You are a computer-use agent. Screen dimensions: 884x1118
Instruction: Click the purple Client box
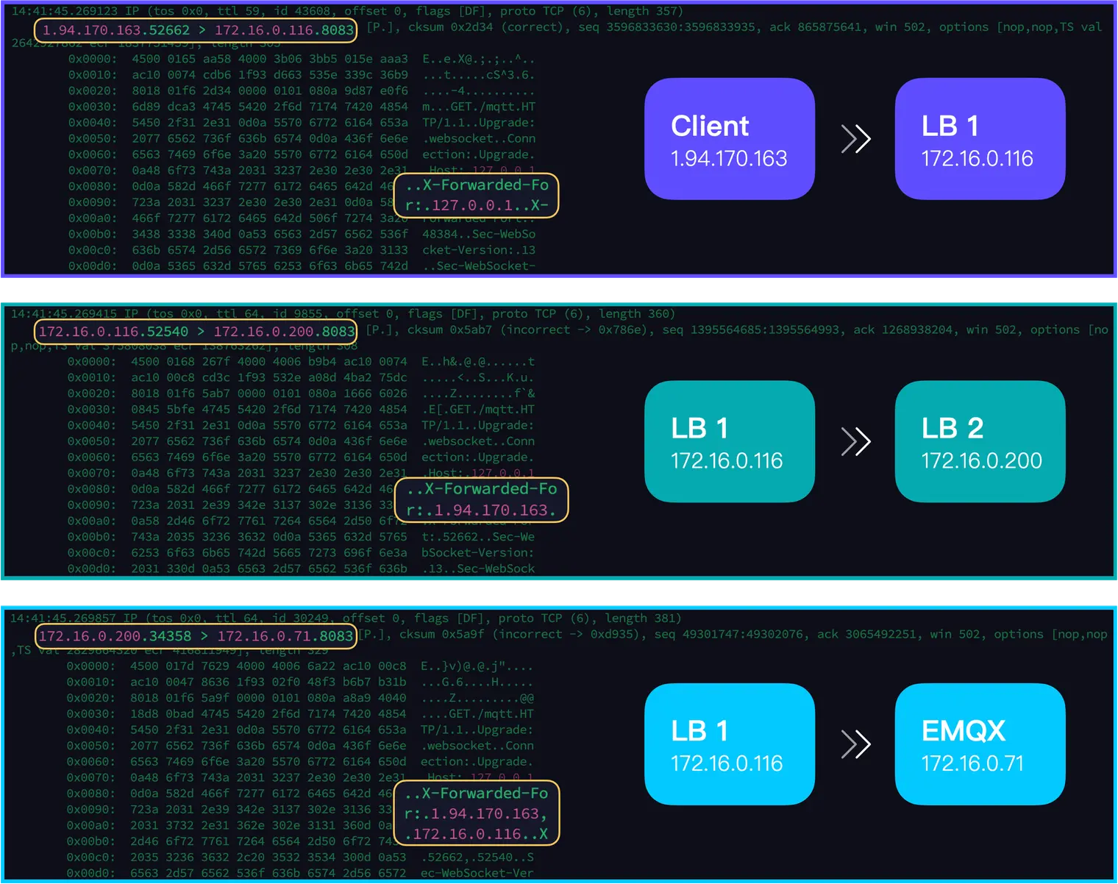[x=729, y=139]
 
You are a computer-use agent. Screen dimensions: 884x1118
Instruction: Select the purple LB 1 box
[x=980, y=139]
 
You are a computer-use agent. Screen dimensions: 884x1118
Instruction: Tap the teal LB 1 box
[x=729, y=441]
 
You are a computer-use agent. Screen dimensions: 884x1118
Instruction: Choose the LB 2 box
[x=980, y=441]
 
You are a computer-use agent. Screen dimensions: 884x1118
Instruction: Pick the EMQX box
[x=980, y=744]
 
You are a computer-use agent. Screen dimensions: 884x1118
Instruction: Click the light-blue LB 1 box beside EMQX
[x=729, y=744]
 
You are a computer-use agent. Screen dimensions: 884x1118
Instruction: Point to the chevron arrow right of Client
[x=855, y=139]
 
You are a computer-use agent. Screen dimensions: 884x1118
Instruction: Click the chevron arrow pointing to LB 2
[x=855, y=441]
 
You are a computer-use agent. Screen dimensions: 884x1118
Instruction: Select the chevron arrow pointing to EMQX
[x=855, y=744]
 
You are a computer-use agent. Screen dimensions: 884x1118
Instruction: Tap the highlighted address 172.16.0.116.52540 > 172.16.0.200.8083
[x=196, y=332]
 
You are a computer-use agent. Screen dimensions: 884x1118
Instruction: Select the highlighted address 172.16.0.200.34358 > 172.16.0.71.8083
[x=196, y=636]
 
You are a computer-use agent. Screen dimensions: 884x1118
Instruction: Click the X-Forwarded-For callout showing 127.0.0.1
[x=477, y=196]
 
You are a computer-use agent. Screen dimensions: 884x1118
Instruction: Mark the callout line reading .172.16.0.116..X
[x=477, y=834]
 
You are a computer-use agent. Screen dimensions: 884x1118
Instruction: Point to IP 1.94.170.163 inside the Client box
[x=729, y=158]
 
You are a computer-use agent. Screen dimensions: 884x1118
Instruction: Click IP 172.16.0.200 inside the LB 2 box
[x=981, y=460]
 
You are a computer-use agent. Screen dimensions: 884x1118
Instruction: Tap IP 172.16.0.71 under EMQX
[x=972, y=763]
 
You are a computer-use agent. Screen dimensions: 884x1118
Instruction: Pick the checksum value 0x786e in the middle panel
[x=621, y=330]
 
